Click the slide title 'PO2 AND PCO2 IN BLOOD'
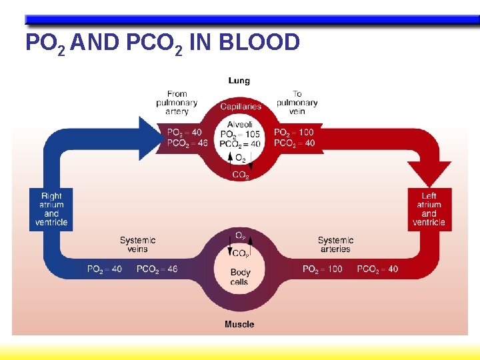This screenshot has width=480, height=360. [162, 43]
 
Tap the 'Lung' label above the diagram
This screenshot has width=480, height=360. [239, 81]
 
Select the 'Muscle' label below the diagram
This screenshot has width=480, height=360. [239, 325]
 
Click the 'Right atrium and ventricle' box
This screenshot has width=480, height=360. [51, 209]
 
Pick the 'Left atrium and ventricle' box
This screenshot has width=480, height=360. [429, 209]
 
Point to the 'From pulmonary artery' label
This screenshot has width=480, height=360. [177, 103]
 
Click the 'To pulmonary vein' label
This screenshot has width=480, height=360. [297, 103]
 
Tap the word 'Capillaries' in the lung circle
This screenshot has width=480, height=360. [241, 107]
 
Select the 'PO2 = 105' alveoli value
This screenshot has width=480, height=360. [240, 134]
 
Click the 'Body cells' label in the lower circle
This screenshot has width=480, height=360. [240, 277]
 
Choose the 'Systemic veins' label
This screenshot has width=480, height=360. [138, 245]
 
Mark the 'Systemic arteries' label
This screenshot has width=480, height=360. [335, 245]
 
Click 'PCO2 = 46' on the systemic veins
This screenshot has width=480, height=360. [157, 269]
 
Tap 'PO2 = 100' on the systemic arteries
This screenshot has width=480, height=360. [322, 269]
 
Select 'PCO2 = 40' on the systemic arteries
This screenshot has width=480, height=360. [377, 269]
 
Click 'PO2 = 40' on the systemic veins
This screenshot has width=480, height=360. [105, 269]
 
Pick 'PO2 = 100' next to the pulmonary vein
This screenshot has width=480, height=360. [294, 132]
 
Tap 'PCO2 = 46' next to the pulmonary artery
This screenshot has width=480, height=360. [187, 143]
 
